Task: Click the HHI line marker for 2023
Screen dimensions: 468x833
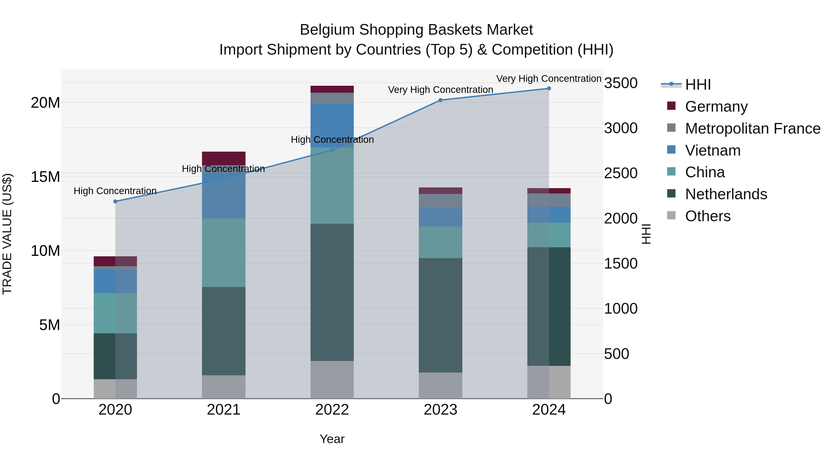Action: [x=440, y=100]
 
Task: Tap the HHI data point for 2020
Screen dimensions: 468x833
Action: [x=115, y=201]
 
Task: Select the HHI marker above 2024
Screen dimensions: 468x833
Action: [x=549, y=89]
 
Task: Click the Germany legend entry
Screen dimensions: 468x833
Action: [x=716, y=107]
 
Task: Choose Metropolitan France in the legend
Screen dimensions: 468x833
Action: [x=752, y=128]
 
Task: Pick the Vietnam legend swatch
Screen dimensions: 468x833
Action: [x=671, y=150]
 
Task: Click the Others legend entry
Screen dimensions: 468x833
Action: [x=708, y=216]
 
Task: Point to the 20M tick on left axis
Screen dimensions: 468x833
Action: [x=45, y=103]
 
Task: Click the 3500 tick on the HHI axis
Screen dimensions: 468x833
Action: [x=621, y=83]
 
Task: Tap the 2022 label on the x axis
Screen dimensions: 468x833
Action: [x=332, y=410]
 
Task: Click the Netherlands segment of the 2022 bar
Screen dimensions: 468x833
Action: [x=332, y=292]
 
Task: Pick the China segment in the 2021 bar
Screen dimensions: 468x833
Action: [x=224, y=253]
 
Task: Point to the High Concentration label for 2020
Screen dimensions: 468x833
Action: [x=115, y=191]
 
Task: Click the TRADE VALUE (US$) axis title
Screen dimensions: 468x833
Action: [x=7, y=234]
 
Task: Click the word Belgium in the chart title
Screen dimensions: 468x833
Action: [x=327, y=30]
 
